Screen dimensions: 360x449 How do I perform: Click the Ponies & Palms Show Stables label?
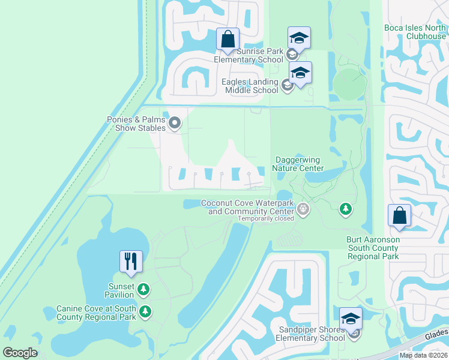pos(136,124)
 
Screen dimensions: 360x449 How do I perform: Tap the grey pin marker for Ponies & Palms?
pos(175,124)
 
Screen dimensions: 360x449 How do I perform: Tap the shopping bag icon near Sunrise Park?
pos(228,39)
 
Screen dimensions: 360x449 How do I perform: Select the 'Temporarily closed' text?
pos(266,218)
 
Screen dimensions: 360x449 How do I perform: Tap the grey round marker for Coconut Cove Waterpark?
pos(303,209)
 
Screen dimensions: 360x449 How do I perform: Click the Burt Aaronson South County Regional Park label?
pos(373,248)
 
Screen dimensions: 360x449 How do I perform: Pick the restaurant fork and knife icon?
pos(131,261)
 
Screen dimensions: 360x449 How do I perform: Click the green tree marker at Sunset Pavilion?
pos(143,290)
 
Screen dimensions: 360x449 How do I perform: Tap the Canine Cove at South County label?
pos(97,313)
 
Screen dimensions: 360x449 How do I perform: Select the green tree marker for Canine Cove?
pos(145,311)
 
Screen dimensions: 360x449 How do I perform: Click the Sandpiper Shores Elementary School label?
pos(310,334)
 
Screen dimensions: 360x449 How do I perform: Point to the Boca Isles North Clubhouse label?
pos(415,32)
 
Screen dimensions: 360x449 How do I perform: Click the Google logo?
pos(20,353)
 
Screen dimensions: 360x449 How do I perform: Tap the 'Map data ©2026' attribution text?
pos(423,355)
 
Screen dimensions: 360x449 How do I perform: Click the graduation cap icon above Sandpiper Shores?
pos(351,318)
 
